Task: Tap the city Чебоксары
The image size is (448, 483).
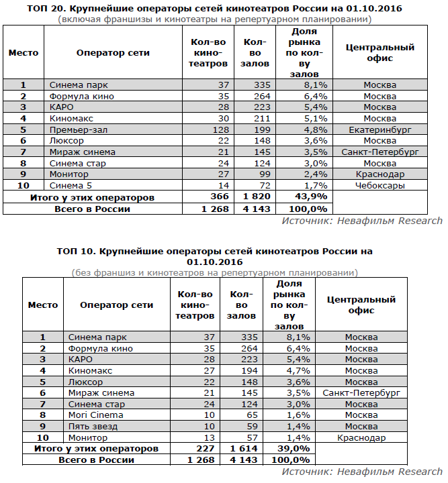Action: [x=379, y=185]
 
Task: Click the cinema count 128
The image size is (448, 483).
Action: [x=220, y=129]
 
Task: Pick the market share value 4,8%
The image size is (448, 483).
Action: [x=315, y=129]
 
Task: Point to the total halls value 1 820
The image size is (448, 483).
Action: [x=255, y=197]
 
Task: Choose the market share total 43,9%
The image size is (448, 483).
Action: [x=312, y=197]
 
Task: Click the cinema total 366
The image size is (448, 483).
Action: [x=219, y=197]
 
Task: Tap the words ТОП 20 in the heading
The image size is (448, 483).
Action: [x=44, y=9]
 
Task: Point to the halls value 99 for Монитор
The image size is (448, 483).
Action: [x=263, y=174]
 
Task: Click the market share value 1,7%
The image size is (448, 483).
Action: [x=315, y=185]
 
